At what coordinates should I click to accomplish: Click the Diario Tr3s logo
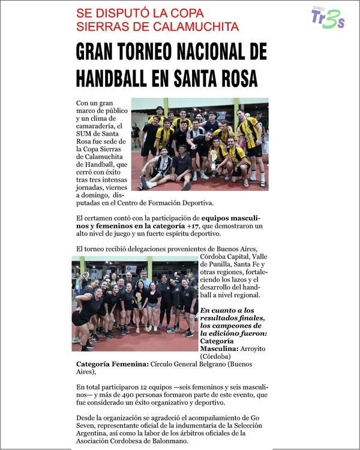tap(328, 18)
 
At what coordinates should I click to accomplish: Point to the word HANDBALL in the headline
tap(114, 78)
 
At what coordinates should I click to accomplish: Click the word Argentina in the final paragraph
tap(95, 433)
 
